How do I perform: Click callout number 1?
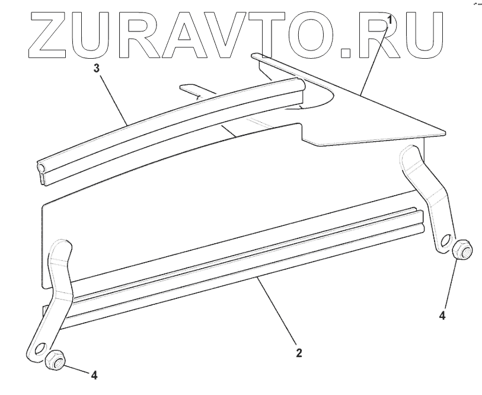point(389,20)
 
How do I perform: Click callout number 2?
point(299,353)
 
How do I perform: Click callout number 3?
point(97,68)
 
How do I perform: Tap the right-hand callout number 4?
point(442,316)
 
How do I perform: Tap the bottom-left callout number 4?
point(94,374)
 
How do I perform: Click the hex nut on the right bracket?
point(461,250)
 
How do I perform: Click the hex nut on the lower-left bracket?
point(55,359)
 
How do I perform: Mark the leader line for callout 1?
point(375,59)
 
